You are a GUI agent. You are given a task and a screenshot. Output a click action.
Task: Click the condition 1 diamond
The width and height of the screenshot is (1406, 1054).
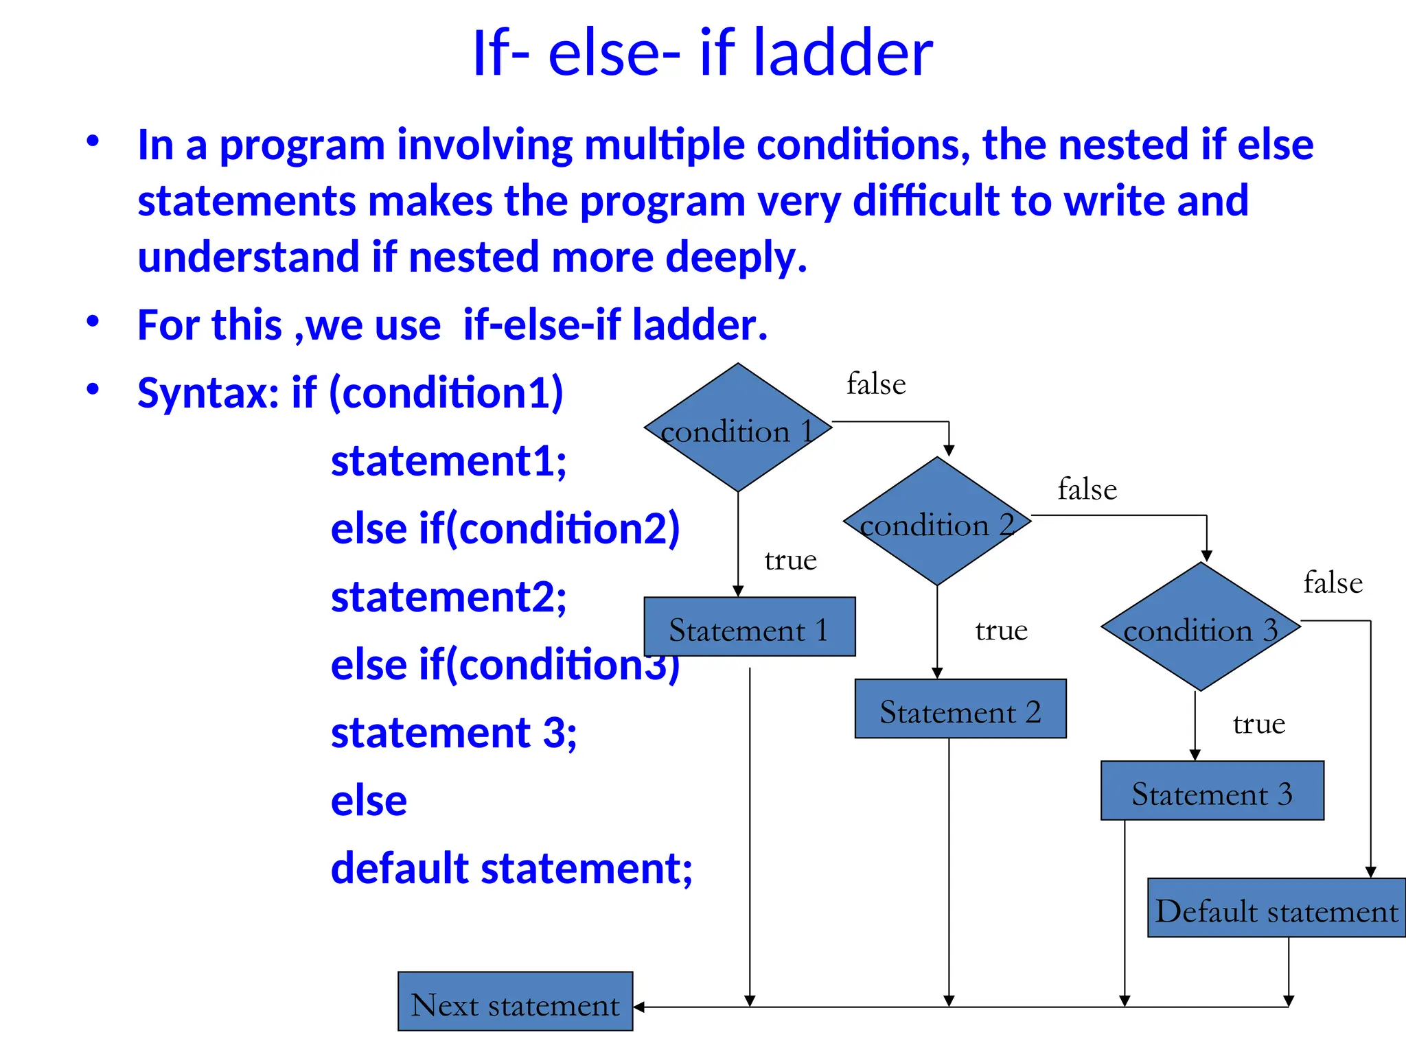[x=738, y=428]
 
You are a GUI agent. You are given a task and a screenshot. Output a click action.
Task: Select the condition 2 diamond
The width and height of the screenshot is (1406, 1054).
[x=937, y=522]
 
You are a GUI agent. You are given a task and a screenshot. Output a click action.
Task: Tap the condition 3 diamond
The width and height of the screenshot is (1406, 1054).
[x=1201, y=626]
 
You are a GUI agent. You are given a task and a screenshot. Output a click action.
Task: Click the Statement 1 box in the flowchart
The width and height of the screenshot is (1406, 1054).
[x=749, y=627]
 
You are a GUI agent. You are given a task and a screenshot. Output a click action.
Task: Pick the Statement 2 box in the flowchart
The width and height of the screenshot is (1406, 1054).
[x=960, y=709]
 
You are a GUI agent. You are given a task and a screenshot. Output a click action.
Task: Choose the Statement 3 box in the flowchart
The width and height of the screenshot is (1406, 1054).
[x=1212, y=790]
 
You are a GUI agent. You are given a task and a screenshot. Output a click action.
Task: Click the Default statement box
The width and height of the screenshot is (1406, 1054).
[x=1276, y=908]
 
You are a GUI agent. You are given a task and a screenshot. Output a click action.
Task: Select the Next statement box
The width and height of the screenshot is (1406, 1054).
[x=515, y=1002]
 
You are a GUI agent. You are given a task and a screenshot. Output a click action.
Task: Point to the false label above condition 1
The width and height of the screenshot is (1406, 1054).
[x=876, y=384]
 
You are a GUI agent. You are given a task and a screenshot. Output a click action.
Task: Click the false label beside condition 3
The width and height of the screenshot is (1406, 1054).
[x=1333, y=583]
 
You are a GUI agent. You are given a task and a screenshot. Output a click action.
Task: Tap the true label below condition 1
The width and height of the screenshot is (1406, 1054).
[x=790, y=561]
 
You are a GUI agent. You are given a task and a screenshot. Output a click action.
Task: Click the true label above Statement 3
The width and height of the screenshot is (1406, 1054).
[x=1258, y=724]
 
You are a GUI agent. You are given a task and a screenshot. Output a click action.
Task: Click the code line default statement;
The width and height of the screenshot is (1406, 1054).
[x=511, y=868]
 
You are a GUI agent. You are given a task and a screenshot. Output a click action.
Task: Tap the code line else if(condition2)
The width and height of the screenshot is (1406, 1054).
[x=505, y=528]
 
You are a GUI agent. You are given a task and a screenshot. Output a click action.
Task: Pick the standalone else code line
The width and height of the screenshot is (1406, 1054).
[x=369, y=801]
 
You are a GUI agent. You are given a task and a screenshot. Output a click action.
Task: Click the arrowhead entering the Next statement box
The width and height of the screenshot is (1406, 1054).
[x=638, y=1007]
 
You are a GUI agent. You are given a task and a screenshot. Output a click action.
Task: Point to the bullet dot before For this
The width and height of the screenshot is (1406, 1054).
[x=93, y=321]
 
